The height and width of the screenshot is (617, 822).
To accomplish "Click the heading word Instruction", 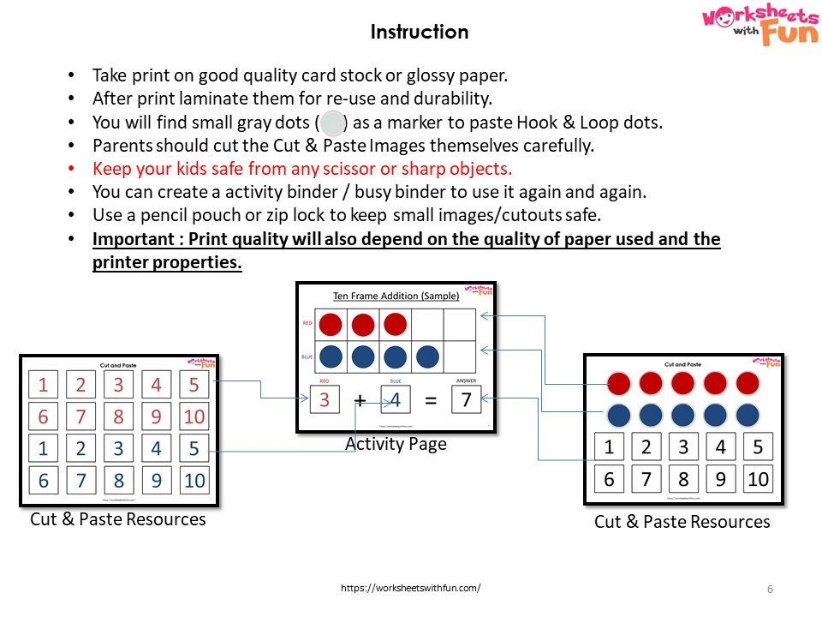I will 419,33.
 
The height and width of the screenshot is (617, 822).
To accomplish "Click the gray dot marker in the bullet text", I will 331,123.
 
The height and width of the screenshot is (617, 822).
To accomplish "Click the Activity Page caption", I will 396,444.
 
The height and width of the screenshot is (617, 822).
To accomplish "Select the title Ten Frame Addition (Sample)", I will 396,297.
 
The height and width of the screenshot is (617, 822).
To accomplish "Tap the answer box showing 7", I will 466,400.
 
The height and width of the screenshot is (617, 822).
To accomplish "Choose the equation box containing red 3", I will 325,400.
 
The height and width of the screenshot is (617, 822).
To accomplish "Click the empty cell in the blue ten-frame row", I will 462,356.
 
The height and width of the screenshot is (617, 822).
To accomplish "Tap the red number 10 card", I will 194,416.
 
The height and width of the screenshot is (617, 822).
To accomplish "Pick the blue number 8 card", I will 119,480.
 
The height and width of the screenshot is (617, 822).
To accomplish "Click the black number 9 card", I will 720,479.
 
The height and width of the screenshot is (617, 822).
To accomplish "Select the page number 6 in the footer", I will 770,589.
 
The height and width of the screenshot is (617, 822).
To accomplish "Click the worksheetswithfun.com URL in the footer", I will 410,588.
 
